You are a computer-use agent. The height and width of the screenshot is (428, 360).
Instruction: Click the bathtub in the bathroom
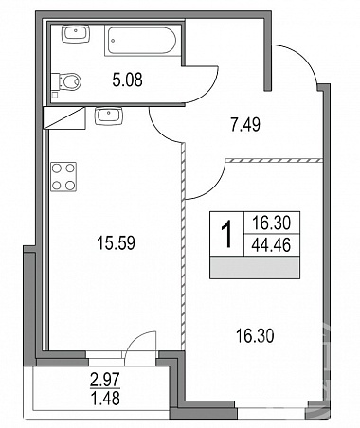point(142,41)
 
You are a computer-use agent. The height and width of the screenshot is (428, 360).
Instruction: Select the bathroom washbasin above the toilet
point(76,34)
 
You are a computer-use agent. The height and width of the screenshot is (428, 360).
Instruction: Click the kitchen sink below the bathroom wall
point(108,116)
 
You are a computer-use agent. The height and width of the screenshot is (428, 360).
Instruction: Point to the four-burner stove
point(63,177)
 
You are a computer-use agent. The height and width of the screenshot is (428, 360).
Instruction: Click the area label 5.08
point(127,80)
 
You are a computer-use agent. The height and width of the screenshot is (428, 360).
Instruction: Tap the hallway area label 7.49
point(245,124)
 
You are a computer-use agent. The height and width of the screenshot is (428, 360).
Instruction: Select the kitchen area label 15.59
point(117,243)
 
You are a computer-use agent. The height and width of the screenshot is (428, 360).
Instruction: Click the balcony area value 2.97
point(105,380)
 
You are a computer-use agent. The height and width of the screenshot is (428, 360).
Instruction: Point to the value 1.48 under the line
point(105,399)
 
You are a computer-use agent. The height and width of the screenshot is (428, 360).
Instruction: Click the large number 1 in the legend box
point(226,234)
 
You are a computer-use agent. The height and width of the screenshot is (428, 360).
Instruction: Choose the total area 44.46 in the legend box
point(271,245)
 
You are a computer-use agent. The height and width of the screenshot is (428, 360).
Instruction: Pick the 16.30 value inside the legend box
point(271,223)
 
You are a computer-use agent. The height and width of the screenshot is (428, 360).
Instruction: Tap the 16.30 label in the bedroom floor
point(255,336)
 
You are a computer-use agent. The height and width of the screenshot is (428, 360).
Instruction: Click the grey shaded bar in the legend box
point(255,267)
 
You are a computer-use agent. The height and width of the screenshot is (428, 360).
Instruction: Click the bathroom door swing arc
point(208,92)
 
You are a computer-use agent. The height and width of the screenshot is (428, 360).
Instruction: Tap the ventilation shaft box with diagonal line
point(64,117)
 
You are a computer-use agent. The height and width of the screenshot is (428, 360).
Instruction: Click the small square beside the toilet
point(55,95)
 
